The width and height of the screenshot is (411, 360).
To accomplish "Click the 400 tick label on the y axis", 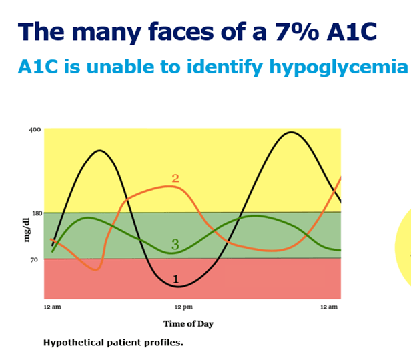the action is [x=35, y=129].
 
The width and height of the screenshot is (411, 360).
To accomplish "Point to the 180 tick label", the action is [x=37, y=213].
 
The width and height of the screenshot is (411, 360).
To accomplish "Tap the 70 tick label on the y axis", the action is [x=34, y=260].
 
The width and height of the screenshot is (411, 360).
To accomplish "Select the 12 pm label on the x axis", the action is [x=183, y=307].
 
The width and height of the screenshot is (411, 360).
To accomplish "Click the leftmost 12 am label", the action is [x=53, y=307].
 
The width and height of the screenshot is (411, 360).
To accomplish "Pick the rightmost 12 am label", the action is [x=329, y=307].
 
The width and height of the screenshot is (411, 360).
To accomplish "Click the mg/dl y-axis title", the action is [x=27, y=230].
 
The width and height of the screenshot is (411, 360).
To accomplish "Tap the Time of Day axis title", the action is [x=188, y=324].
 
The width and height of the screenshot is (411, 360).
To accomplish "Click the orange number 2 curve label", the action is [x=175, y=178].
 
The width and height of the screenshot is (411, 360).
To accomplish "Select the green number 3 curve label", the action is [x=175, y=244].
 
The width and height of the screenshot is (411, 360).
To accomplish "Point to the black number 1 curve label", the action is [x=176, y=279].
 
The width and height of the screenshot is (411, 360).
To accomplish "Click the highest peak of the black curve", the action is [x=291, y=132].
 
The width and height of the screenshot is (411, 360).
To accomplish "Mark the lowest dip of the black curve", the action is [x=178, y=287].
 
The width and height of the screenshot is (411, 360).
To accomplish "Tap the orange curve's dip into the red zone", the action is [x=96, y=270].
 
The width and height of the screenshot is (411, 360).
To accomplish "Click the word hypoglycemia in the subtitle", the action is [x=338, y=67].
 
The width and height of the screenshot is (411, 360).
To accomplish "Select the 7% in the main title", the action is [x=297, y=32].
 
